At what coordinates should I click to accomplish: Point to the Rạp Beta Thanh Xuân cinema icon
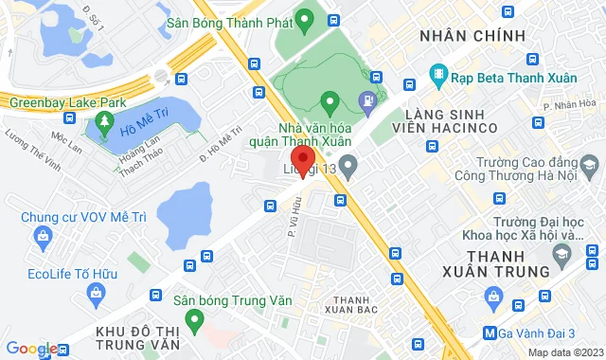click(x=437, y=73)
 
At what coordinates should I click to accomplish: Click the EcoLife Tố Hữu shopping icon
click(x=98, y=268)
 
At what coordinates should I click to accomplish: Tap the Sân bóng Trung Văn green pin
click(x=194, y=321)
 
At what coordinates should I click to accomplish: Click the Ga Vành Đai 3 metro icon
click(x=489, y=333)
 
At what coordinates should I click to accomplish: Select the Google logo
click(x=30, y=349)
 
